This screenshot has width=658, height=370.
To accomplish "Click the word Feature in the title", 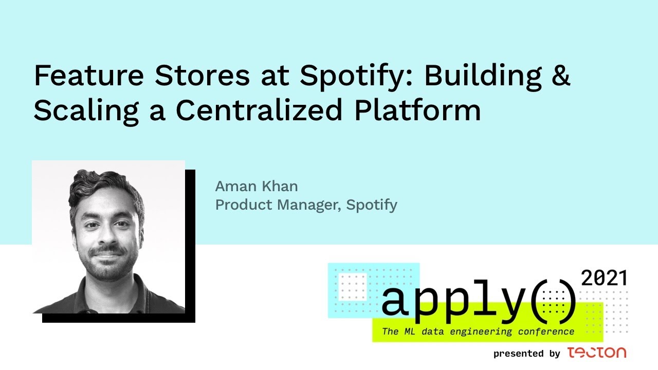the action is (89, 75).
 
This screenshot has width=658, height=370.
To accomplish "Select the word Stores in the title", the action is (203, 75).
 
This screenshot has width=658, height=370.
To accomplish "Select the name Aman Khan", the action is (257, 186).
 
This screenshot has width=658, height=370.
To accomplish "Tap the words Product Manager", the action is (278, 205).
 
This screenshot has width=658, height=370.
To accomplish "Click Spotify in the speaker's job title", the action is (372, 205).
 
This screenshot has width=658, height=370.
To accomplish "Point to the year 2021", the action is (604, 278).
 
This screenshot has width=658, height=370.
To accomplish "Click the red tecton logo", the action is (597, 353).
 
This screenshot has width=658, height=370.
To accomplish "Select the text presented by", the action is (527, 354).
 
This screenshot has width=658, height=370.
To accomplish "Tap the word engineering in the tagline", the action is (481, 332).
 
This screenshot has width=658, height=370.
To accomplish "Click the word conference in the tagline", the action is (546, 331).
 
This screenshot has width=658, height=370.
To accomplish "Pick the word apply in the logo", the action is (454, 302).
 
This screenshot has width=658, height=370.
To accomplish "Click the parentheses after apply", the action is (554, 302).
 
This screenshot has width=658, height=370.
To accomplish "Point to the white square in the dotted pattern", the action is (353, 287).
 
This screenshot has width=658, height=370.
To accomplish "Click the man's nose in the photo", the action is (107, 234).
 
